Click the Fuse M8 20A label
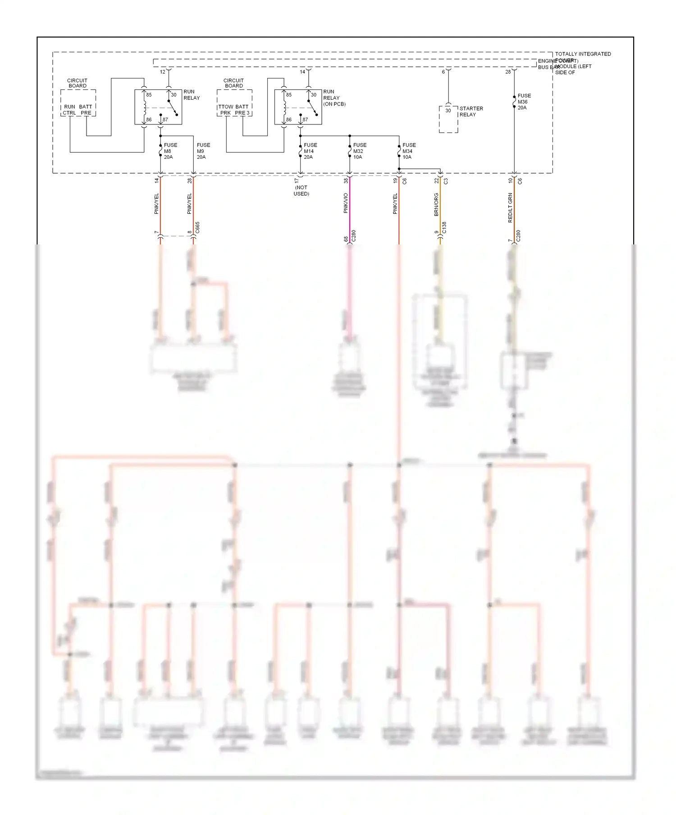(x=170, y=151)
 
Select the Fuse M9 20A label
(x=203, y=151)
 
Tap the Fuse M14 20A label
(x=310, y=151)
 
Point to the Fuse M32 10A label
(x=359, y=151)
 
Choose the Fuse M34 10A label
(x=409, y=151)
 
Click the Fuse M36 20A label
(x=524, y=102)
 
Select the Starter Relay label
(x=471, y=111)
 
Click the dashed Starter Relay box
(x=448, y=120)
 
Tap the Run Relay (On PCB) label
(x=334, y=98)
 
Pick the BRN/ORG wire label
(x=436, y=204)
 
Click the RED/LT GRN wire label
(x=510, y=207)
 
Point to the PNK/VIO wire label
(x=346, y=203)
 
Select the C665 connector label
(x=197, y=227)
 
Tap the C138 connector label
(x=444, y=227)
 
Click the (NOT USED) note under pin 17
(x=301, y=191)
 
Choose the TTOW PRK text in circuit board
(x=226, y=110)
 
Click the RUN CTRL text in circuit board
(x=69, y=110)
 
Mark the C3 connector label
(x=446, y=181)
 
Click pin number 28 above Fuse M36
(x=508, y=72)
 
